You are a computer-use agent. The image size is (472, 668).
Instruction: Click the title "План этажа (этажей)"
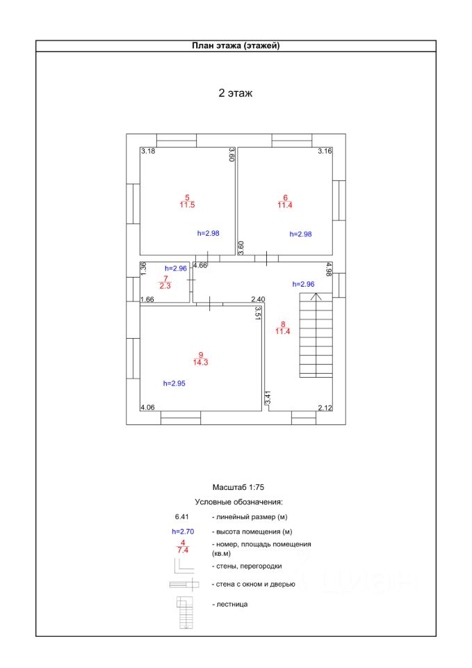tap(236, 46)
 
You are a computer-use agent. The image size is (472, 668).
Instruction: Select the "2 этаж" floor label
tap(236, 93)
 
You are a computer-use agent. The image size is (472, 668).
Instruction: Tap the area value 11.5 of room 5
tap(187, 205)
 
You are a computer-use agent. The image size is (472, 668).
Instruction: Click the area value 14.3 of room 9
tap(201, 363)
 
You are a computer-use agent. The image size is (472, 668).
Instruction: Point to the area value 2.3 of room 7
tap(165, 285)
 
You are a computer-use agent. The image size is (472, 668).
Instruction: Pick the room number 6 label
tap(285, 198)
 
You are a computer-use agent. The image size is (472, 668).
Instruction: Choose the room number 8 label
tap(283, 324)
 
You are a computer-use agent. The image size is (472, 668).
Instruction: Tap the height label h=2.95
tap(174, 383)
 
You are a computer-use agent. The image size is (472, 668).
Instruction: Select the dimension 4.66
tap(200, 265)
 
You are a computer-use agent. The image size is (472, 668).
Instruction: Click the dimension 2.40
tap(259, 300)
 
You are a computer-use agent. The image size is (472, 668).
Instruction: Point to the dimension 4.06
tap(148, 407)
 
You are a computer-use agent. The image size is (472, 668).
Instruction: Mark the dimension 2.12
tap(325, 407)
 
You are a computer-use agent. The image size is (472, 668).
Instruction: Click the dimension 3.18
tap(148, 151)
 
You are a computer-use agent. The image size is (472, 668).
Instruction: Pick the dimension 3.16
tap(325, 151)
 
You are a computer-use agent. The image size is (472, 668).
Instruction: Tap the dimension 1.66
tap(147, 300)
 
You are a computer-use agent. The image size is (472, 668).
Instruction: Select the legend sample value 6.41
tap(182, 517)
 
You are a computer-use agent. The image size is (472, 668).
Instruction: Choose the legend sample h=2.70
tap(183, 532)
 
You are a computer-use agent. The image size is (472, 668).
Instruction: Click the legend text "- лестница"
tap(229, 604)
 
